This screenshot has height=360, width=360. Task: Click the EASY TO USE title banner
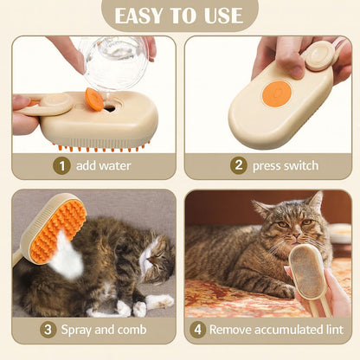pyautogui.click(x=180, y=15)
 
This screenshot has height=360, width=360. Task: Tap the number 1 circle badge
pyautogui.click(x=61, y=165)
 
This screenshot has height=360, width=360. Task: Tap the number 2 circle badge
pyautogui.click(x=239, y=165)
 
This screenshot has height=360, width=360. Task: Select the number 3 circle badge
pyautogui.click(x=50, y=330)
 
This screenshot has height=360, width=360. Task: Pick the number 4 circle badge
pyautogui.click(x=197, y=330)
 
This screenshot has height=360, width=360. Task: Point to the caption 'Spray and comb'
pyautogui.click(x=103, y=330)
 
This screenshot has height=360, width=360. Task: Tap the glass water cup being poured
pyautogui.click(x=115, y=61)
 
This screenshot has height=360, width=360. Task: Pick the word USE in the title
pyautogui.click(x=222, y=15)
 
